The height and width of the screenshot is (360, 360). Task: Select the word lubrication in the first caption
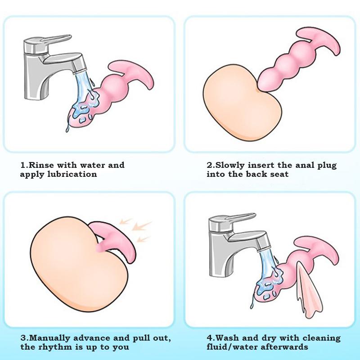tap(72, 174)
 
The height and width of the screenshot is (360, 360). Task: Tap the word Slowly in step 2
tap(232, 165)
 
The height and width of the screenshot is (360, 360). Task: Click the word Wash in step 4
tap(228, 338)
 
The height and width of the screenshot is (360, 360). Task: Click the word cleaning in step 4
tap(320, 338)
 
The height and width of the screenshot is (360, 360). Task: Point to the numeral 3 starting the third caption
tap(22, 338)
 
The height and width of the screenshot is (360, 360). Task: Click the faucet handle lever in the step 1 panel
tap(49, 40)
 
